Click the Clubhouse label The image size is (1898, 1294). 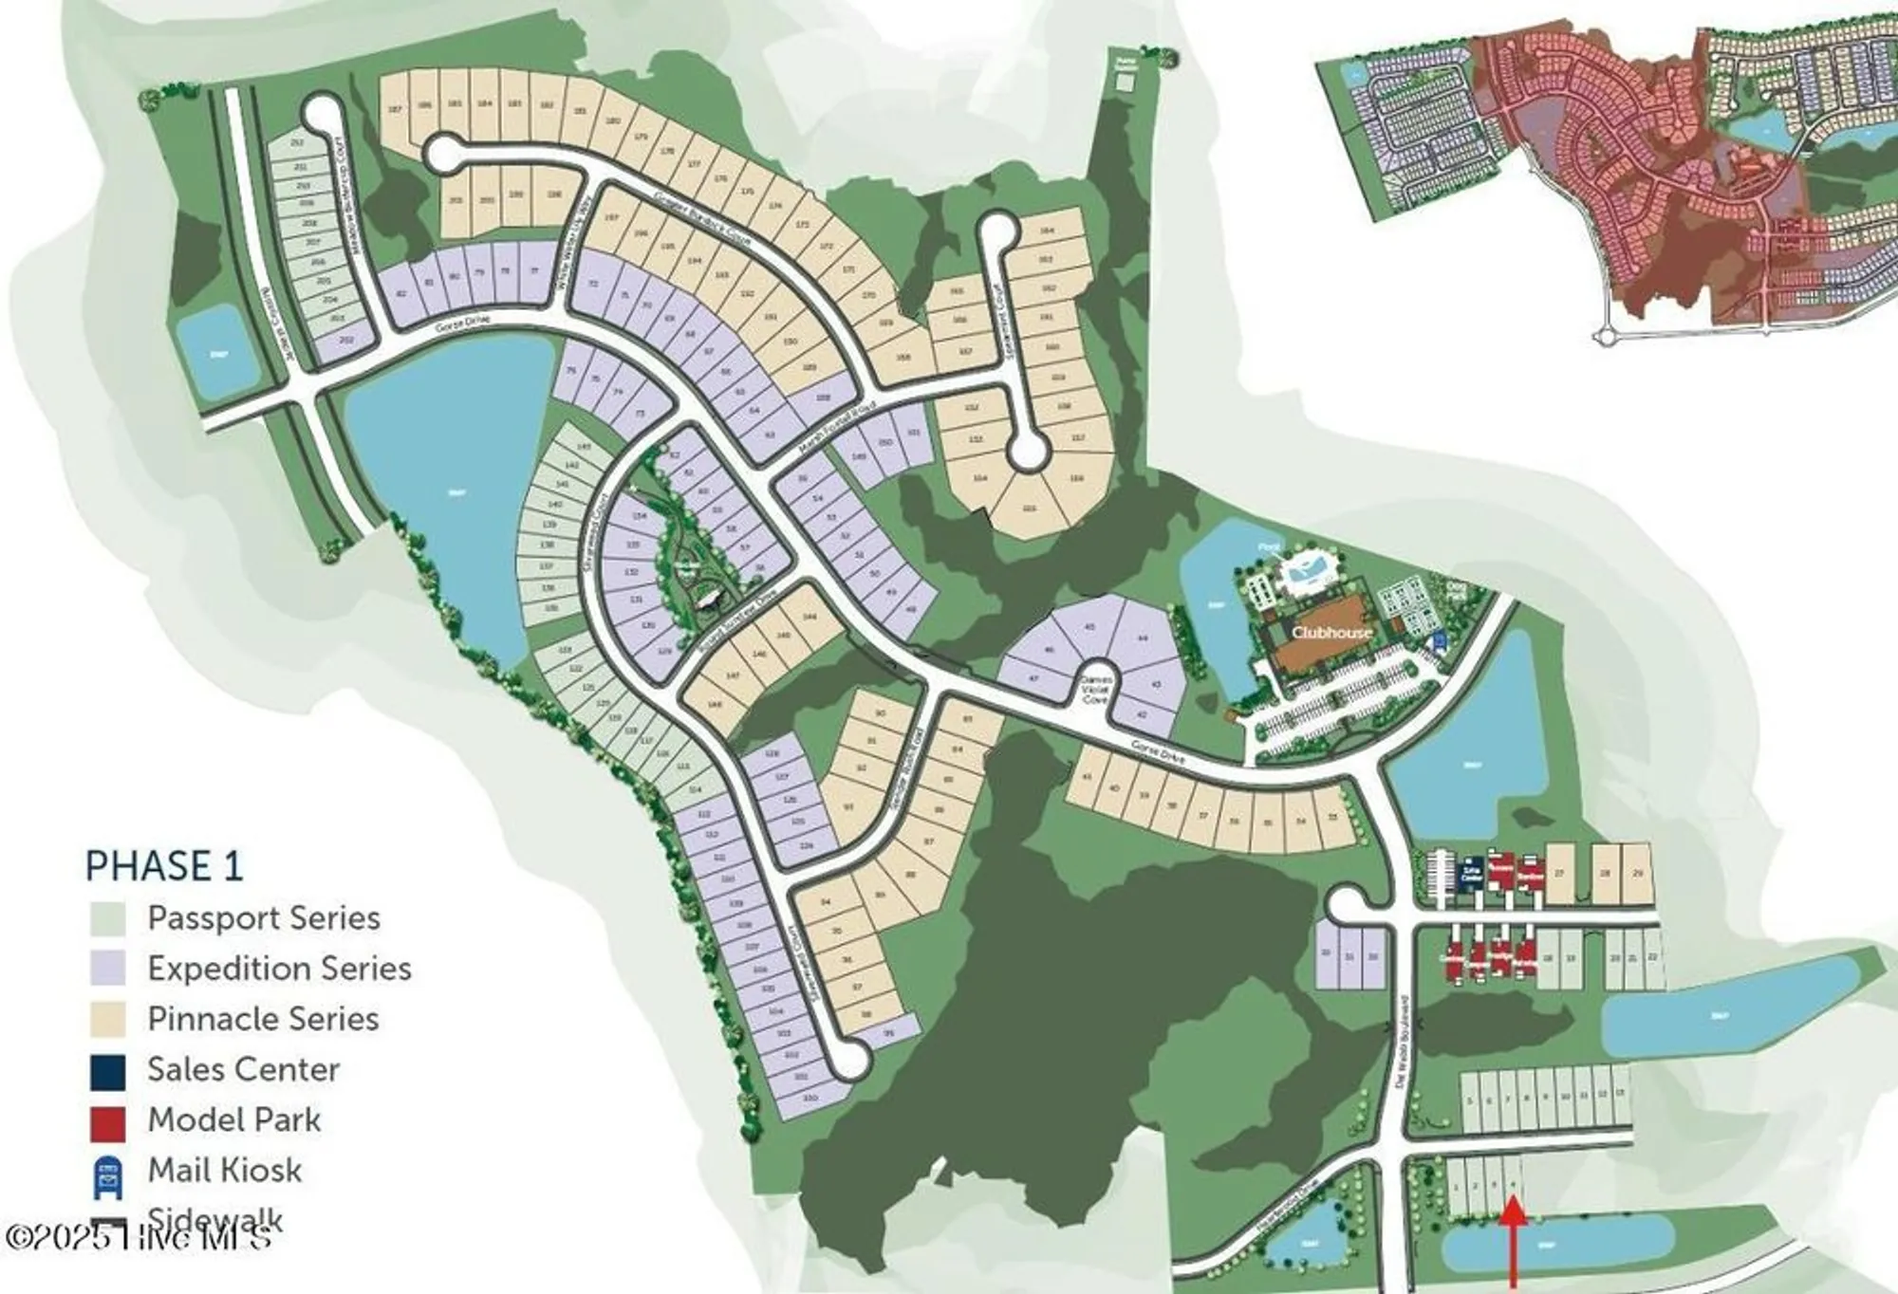(x=1330, y=632)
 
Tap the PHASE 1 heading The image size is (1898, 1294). (x=164, y=865)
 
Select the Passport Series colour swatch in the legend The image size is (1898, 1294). (x=108, y=918)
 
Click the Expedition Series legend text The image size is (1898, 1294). (x=279, y=969)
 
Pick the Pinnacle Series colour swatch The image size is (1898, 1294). (x=108, y=1020)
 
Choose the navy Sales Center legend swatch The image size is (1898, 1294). (x=108, y=1071)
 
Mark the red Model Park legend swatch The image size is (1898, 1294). (x=108, y=1121)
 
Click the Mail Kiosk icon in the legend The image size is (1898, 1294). (x=108, y=1173)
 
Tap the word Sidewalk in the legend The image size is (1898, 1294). (x=215, y=1218)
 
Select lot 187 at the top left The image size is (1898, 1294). (x=396, y=110)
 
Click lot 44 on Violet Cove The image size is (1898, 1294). (x=1142, y=638)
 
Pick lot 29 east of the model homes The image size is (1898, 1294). (x=1638, y=872)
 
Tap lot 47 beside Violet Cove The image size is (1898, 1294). (x=1033, y=678)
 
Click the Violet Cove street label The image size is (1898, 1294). (x=1095, y=690)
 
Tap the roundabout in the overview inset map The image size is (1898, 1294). (x=1603, y=334)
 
